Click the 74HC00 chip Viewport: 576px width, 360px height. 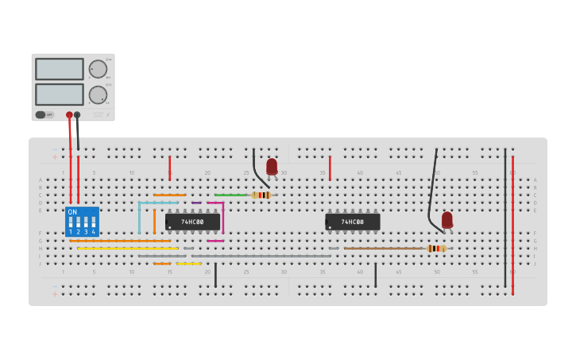(192, 222)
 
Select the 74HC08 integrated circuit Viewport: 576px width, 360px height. (352, 222)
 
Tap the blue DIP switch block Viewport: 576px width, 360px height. (82, 222)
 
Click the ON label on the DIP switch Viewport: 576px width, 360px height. (72, 212)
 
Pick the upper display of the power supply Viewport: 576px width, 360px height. (59, 69)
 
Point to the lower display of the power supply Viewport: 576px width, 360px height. (59, 95)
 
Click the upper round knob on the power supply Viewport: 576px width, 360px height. (98, 69)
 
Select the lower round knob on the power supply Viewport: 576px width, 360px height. (98, 95)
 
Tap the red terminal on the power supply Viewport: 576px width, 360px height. (69, 115)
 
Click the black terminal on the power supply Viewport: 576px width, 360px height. (77, 115)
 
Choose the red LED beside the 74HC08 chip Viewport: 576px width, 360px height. (447, 219)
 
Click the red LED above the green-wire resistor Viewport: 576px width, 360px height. (272, 166)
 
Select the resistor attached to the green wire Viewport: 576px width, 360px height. (261, 195)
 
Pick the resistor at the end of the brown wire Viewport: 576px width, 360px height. (436, 249)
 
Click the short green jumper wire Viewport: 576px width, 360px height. (231, 195)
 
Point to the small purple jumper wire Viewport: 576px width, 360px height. (196, 203)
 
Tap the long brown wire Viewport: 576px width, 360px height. (385, 249)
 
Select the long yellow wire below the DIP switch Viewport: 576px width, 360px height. (127, 249)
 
